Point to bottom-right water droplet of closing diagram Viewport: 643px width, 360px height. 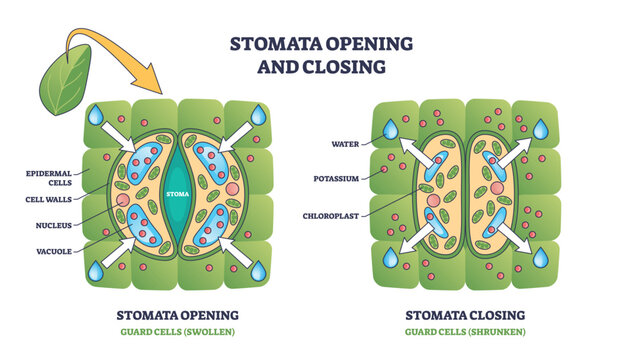pyautogui.click(x=541, y=257)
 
